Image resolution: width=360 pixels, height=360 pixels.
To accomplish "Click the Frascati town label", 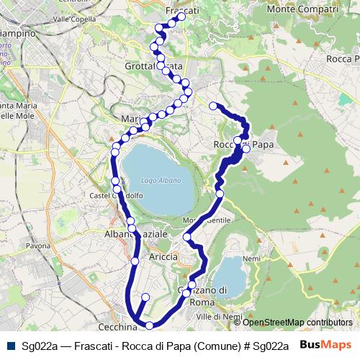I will (181, 11).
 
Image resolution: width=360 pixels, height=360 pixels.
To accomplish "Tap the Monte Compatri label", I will (302, 9).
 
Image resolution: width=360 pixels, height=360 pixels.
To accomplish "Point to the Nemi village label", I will (252, 258).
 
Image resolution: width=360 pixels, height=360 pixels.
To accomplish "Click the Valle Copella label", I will (75, 19).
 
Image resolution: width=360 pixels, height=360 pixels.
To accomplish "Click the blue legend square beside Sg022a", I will (10, 346).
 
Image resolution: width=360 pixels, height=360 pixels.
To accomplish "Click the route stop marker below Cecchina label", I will (149, 325).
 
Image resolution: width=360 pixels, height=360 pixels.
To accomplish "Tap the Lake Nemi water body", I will (230, 277).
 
